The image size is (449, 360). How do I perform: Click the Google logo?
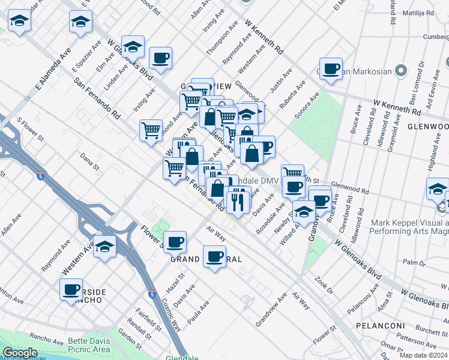(x=20, y=353)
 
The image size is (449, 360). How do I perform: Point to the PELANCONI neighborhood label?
(x=391, y=324)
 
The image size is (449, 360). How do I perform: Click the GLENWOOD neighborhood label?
(x=427, y=127)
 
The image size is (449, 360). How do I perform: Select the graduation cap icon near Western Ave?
(x=105, y=247)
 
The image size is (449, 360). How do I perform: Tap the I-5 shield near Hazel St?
(x=151, y=294)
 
